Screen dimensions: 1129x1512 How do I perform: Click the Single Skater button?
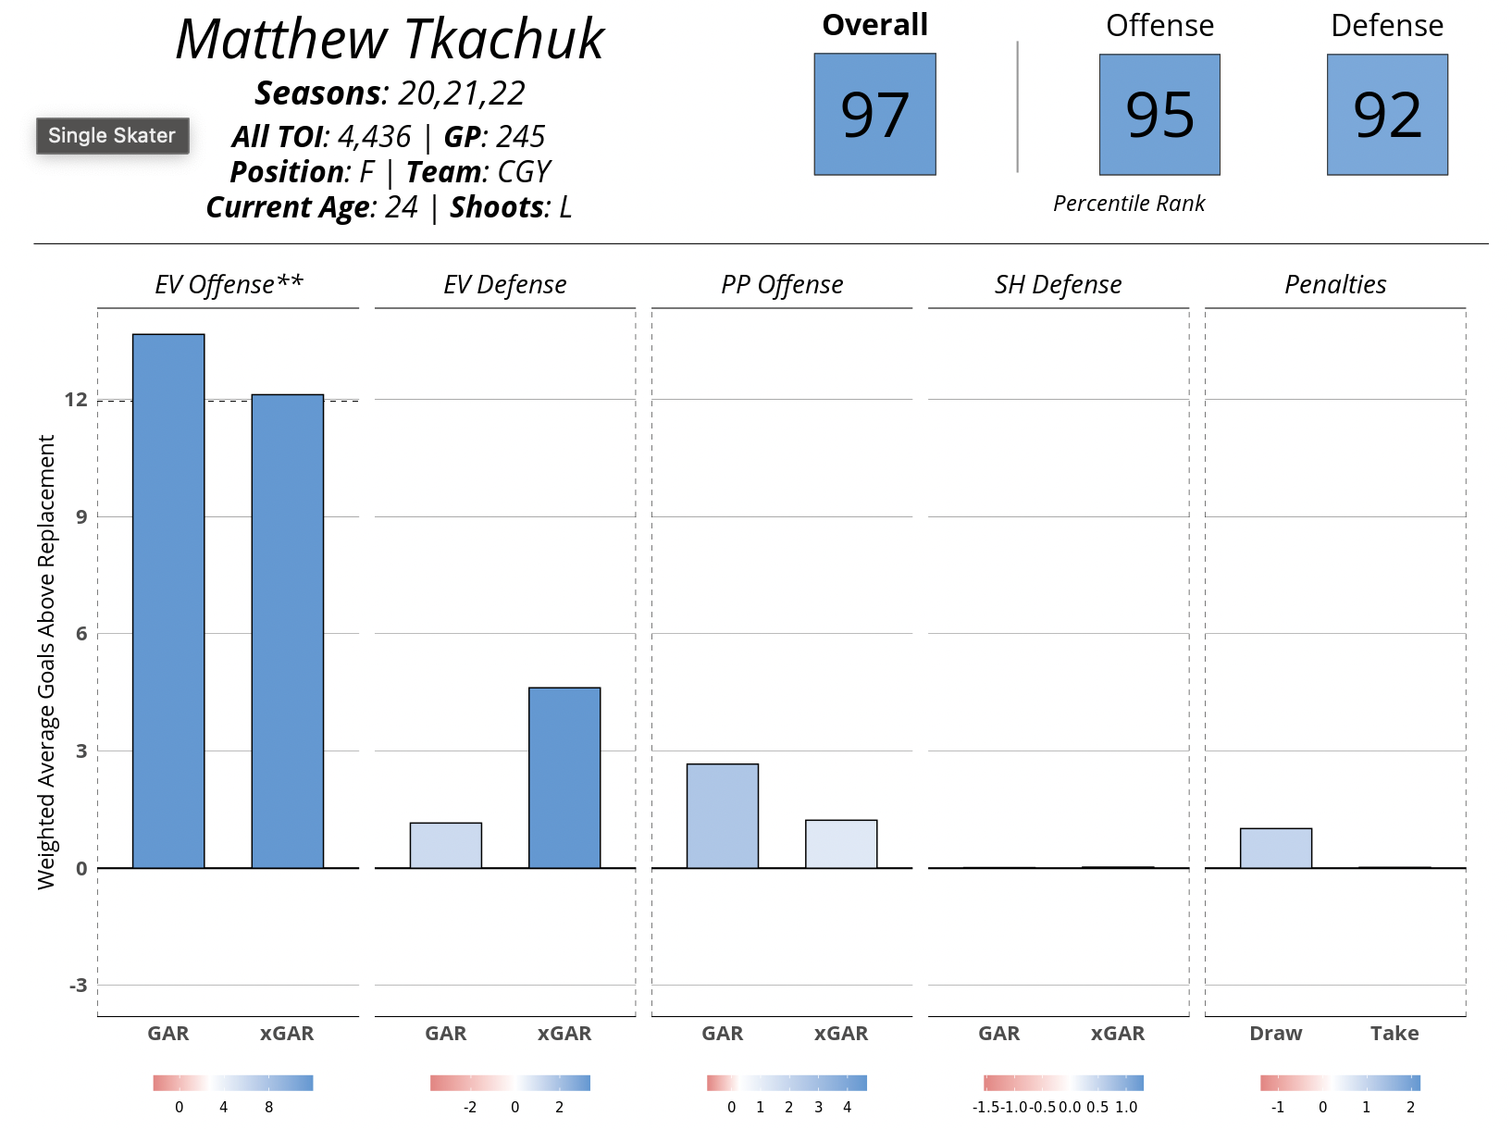pos(112,136)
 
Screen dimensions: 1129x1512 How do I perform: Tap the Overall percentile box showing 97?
pos(874,114)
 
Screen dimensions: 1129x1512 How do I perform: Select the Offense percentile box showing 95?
pos(1159,114)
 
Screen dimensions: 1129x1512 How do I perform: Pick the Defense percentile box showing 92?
pos(1387,114)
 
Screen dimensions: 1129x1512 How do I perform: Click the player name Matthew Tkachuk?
pos(390,40)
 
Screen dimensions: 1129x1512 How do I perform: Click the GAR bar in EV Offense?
pos(168,602)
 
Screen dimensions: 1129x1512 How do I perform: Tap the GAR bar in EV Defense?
pos(445,845)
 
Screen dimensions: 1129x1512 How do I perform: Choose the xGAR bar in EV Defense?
pos(564,777)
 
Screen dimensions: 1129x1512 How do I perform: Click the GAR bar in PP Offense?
pos(723,815)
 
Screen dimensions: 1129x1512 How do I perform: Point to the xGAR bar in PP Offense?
pos(841,844)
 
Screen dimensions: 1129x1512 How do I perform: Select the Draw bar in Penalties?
pos(1276,848)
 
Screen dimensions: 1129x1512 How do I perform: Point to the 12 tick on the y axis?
pos(76,400)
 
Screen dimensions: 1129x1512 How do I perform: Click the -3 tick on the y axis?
pos(78,985)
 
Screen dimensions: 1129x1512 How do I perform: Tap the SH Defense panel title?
pos(1058,285)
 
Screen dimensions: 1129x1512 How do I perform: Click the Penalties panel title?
pos(1335,285)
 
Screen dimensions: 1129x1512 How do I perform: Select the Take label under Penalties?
pos(1394,1034)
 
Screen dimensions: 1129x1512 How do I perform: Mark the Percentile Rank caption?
pos(1129,204)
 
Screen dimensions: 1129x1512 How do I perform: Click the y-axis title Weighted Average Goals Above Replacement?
pos(46,662)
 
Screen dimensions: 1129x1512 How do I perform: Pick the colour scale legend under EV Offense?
pos(233,1083)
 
